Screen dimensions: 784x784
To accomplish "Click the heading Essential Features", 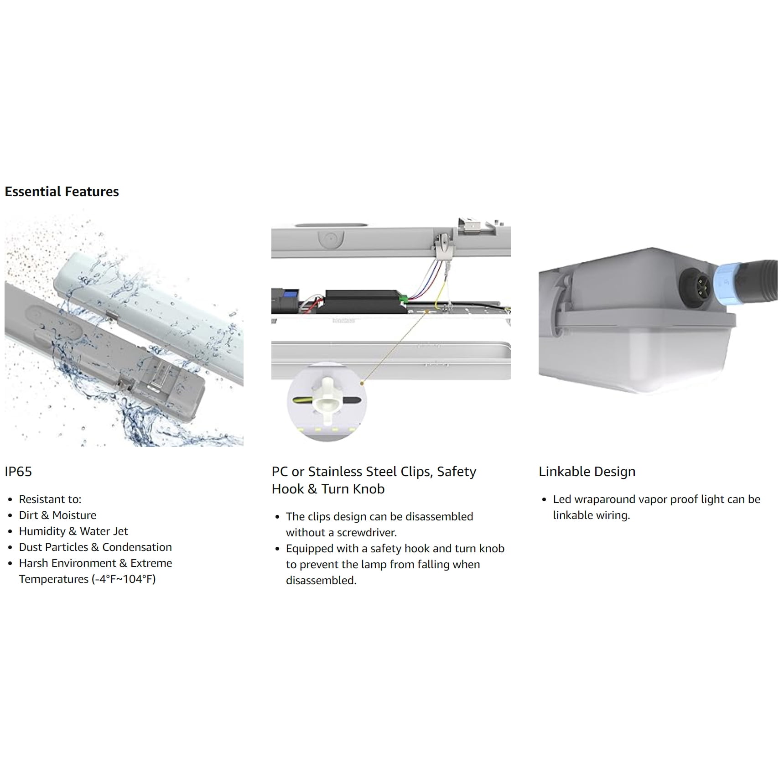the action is pyautogui.click(x=62, y=192).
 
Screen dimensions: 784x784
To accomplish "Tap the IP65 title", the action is pyautogui.click(x=18, y=472).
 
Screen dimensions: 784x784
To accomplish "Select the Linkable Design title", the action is pyautogui.click(x=587, y=472).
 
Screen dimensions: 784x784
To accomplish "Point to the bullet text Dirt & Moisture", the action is pyautogui.click(x=57, y=515).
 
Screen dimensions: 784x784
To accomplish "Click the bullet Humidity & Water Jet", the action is pyautogui.click(x=73, y=531).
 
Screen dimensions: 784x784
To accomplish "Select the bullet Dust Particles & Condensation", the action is pyautogui.click(x=95, y=547).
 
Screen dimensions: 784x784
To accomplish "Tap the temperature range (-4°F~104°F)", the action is pyautogui.click(x=124, y=579).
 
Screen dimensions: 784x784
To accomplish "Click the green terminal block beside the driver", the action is pyautogui.click(x=403, y=300).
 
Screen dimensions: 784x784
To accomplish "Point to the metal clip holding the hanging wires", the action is pyautogui.click(x=441, y=247).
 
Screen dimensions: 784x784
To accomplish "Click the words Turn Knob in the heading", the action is pyautogui.click(x=353, y=489).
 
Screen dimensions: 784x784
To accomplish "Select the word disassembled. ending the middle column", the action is pyautogui.click(x=321, y=581).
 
